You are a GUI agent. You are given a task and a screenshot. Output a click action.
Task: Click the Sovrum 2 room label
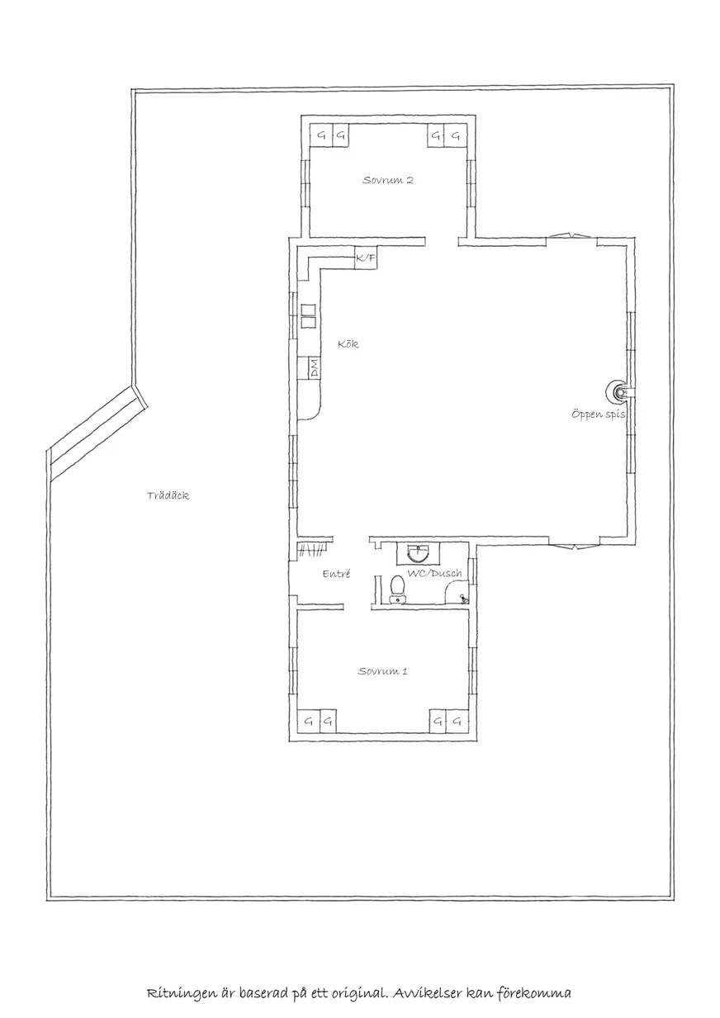(388, 180)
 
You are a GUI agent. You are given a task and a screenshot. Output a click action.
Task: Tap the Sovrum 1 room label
(383, 671)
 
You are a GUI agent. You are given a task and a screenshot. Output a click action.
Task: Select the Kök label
(348, 344)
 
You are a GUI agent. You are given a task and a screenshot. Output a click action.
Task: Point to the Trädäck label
(168, 495)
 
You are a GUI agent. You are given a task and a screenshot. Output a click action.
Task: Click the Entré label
(336, 574)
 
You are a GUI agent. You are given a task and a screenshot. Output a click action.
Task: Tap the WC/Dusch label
(434, 574)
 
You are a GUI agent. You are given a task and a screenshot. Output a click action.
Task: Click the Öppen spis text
(598, 414)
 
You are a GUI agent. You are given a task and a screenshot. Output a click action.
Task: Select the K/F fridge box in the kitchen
(366, 258)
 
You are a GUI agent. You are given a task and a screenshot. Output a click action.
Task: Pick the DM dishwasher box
(314, 367)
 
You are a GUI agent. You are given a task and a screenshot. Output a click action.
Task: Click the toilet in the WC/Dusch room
(398, 589)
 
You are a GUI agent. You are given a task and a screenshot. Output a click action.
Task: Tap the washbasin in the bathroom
(418, 552)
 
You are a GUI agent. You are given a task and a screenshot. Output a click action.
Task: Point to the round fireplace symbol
(618, 391)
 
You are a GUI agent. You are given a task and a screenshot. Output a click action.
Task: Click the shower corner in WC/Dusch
(456, 593)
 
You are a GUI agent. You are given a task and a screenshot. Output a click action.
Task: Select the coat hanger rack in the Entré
(312, 551)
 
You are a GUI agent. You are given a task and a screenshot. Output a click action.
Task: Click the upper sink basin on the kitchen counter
(308, 310)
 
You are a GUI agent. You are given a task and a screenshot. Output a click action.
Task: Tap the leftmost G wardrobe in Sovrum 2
(321, 135)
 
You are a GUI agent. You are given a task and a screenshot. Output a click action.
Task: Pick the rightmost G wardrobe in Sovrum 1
(457, 722)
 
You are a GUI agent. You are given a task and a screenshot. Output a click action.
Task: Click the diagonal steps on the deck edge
(97, 433)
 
